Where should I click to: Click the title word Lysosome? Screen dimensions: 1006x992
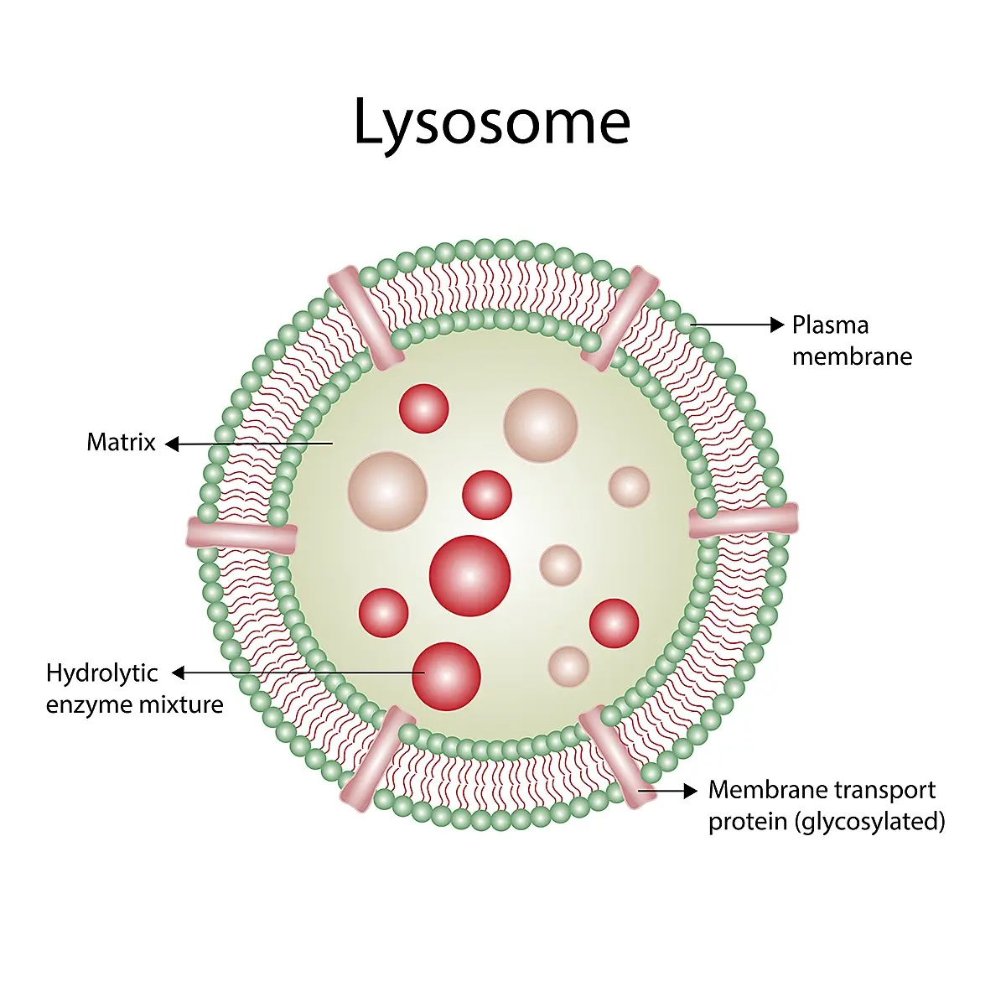(x=492, y=122)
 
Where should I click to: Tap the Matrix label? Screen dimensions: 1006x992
(x=121, y=443)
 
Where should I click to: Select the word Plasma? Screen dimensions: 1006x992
(x=830, y=325)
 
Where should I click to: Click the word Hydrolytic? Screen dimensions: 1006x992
(x=101, y=674)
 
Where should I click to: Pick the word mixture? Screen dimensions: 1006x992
(x=180, y=704)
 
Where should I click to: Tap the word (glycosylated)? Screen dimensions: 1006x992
(x=870, y=823)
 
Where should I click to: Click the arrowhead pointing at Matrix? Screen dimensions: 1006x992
(x=173, y=444)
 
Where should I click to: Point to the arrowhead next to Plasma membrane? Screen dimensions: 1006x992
(x=777, y=325)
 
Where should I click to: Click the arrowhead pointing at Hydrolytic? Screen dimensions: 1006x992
(x=179, y=673)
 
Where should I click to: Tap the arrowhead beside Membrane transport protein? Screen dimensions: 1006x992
(x=690, y=791)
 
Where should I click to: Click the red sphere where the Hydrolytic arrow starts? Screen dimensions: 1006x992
(x=446, y=677)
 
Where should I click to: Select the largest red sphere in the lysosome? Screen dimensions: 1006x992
(x=469, y=576)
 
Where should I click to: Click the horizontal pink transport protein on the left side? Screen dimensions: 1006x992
(x=242, y=536)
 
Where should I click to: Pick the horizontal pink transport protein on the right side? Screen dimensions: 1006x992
(x=744, y=520)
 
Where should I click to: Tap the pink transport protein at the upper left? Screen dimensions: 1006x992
(x=366, y=318)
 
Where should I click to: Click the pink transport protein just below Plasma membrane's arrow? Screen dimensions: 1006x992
(x=620, y=319)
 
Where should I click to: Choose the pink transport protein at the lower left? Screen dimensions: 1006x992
(x=378, y=758)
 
